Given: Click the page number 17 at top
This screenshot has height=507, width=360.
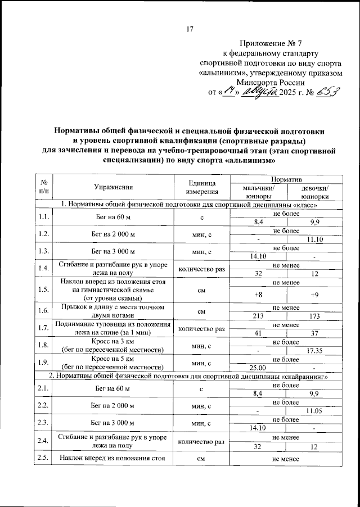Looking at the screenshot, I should click(x=190, y=29).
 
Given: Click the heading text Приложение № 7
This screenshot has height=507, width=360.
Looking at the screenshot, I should click(x=271, y=43).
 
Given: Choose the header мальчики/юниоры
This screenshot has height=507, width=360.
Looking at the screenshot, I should click(x=258, y=192).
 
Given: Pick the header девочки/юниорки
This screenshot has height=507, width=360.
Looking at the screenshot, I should click(x=315, y=192).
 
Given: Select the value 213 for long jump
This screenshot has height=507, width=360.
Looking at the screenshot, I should click(x=258, y=316).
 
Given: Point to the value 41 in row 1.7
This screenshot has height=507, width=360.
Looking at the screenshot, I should click(x=258, y=334).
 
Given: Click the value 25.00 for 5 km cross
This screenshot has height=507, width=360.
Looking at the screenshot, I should click(x=258, y=368).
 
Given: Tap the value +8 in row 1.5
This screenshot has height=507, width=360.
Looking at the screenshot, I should click(x=258, y=294).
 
